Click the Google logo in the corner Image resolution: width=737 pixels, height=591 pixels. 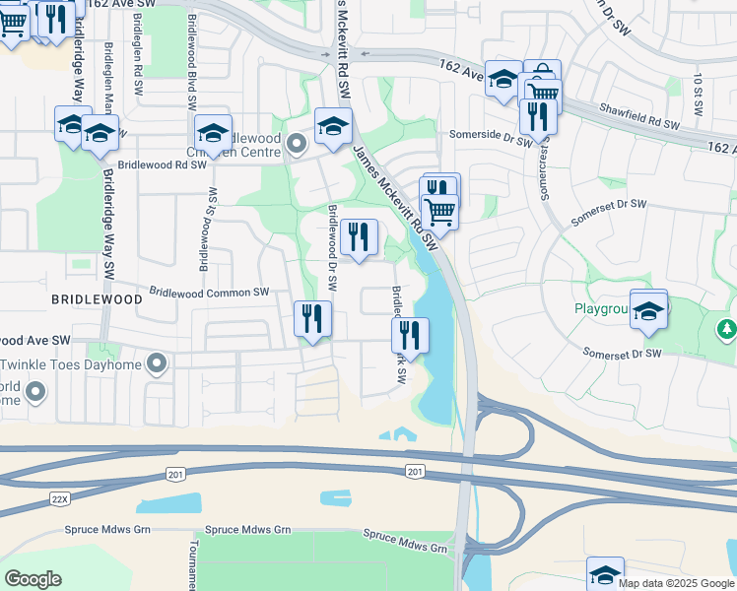[x=33, y=579]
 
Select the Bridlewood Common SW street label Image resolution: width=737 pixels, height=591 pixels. [x=209, y=293]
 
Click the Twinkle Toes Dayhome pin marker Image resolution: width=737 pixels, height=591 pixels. [x=156, y=365]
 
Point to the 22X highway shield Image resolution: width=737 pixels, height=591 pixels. [x=60, y=499]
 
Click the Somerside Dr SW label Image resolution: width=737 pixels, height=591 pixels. [x=490, y=135]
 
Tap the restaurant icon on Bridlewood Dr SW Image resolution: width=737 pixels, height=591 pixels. [x=360, y=237]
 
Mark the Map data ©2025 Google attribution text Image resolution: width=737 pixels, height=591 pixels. [x=675, y=583]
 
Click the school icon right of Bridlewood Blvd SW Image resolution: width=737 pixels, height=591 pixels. [x=213, y=134]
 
